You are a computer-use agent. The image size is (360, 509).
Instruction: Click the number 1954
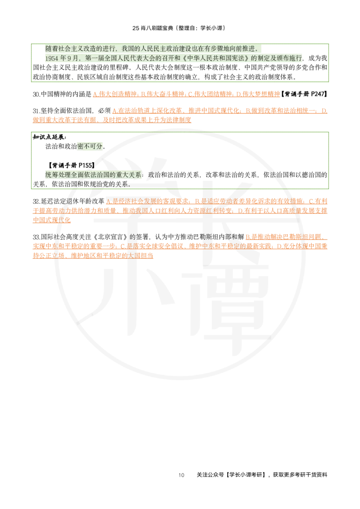click(52, 58)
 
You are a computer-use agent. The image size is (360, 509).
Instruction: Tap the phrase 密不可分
click(90, 146)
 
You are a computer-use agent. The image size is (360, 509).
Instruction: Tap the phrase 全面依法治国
click(90, 175)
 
